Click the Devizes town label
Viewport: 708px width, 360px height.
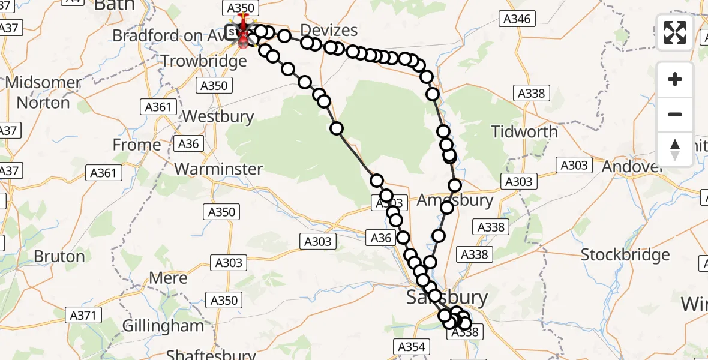(329, 31)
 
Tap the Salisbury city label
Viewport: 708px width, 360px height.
(447, 297)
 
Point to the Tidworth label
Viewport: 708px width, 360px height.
(524, 131)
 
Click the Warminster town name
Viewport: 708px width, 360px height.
(218, 169)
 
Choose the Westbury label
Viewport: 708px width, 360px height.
(218, 116)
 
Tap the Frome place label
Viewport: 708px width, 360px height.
(137, 145)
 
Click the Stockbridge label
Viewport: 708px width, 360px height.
(625, 255)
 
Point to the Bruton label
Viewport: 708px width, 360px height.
(59, 257)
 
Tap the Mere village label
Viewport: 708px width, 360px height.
(169, 278)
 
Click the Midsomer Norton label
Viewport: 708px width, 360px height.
(43, 92)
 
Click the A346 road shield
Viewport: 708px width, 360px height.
(517, 19)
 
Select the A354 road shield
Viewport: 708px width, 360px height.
(411, 346)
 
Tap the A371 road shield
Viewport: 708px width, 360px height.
(85, 315)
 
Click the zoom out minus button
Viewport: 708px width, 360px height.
(675, 114)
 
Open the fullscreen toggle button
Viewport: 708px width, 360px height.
(675, 32)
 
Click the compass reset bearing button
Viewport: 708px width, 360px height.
(675, 148)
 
